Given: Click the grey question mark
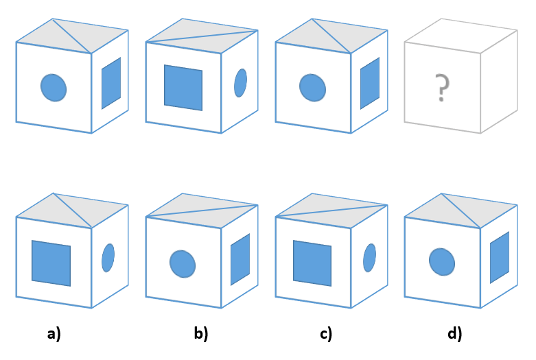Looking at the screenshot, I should click(x=443, y=89).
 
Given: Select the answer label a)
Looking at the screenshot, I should click(x=54, y=334).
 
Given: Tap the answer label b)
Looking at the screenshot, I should click(x=200, y=334).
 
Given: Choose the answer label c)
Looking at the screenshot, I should click(x=326, y=334).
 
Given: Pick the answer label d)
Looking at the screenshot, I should click(x=454, y=334).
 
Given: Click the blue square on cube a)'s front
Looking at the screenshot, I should click(x=51, y=263).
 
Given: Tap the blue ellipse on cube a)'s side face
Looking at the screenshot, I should click(x=108, y=257).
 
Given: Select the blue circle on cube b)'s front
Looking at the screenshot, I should click(x=183, y=263).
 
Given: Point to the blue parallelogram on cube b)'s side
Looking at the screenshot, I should click(x=240, y=259).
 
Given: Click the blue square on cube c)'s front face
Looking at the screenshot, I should click(x=312, y=263).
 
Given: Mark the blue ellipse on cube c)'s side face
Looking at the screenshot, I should click(x=369, y=257).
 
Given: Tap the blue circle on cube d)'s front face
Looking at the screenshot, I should click(x=442, y=261).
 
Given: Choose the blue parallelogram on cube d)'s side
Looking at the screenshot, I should click(x=500, y=257).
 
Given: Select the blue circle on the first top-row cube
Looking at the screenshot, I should click(x=54, y=87).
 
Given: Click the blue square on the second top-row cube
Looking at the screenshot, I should click(x=183, y=87).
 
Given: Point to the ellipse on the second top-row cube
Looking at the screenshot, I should click(x=240, y=83).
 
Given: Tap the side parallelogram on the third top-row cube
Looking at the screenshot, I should click(x=370, y=84).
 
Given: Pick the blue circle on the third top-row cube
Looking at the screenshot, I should click(x=312, y=87).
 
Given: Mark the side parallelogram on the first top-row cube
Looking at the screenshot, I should click(x=111, y=84).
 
